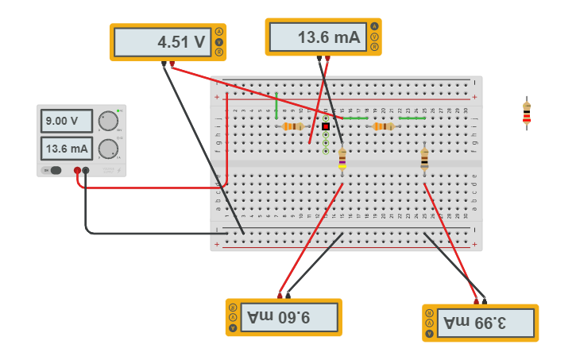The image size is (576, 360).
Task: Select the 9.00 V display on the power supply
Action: point(66,121)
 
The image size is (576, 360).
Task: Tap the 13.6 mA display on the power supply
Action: point(66,149)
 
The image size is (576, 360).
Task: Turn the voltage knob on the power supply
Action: point(107,121)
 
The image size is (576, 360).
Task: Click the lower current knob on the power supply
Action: point(107,149)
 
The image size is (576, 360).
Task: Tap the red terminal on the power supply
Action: point(77,170)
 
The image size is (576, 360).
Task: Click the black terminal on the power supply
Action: point(86,170)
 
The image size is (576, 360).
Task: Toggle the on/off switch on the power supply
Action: point(54,170)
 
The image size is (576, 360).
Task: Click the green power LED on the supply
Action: point(118,110)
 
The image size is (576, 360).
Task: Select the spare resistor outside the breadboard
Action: point(526,114)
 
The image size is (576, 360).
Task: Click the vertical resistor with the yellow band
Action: point(342,158)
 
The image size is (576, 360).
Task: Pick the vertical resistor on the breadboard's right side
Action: point(424,159)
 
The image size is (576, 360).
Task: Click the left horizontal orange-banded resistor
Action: point(292,126)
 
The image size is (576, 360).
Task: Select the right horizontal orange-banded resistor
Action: point(383,126)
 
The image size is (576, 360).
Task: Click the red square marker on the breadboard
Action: point(326,126)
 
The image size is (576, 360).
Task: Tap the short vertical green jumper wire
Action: point(276,105)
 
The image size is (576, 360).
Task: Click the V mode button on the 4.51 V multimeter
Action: point(218,42)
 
